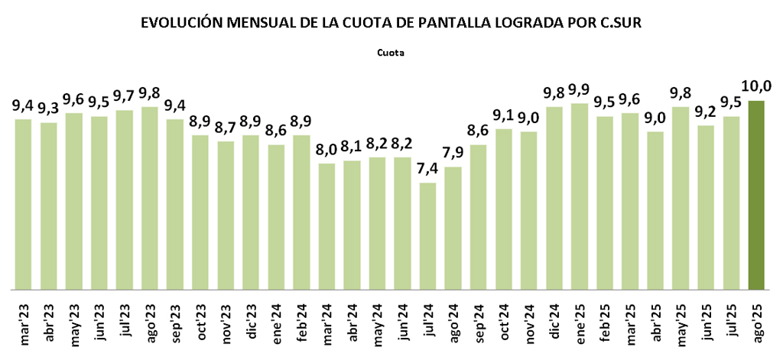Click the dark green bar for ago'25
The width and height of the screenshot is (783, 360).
[x=757, y=196]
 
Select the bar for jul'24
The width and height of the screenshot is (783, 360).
[x=428, y=237]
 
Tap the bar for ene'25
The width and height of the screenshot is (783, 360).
[x=580, y=197]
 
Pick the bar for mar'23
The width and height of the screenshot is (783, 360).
[x=23, y=205]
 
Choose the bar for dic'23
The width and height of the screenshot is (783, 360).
[x=251, y=213]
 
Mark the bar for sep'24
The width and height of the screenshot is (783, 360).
[x=479, y=218]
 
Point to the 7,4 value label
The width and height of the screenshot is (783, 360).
[x=428, y=169]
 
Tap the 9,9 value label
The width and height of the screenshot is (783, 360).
[x=580, y=89]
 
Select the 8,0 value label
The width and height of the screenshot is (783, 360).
[x=327, y=150]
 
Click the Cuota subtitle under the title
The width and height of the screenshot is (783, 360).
[x=390, y=54]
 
